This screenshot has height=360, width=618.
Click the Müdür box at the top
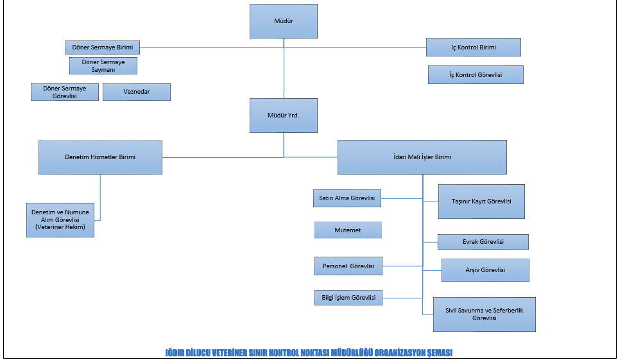coord(284,21)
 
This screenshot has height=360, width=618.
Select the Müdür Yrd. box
coord(284,116)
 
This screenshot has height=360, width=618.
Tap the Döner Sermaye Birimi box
coord(103,47)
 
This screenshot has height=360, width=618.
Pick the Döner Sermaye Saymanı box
coord(103,65)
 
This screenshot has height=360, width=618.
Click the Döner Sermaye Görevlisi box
coord(65,92)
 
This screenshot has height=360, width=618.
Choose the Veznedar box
coord(137,92)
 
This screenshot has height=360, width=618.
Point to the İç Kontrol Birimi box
coord(474,47)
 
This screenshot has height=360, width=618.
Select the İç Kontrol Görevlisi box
coord(476,75)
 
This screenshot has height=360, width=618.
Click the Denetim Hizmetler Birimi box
coord(100,157)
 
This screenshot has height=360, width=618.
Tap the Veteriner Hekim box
coord(60,220)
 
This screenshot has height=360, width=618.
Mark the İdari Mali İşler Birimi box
coord(422,157)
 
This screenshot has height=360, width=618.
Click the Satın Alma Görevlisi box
coord(347,198)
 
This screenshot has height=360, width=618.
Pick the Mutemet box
coord(347,230)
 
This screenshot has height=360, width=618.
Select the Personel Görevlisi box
coord(348,266)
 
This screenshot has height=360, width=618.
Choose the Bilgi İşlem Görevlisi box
coord(348,297)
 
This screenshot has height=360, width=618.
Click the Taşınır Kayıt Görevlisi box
coord(481,201)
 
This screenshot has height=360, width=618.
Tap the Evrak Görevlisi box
coord(483,242)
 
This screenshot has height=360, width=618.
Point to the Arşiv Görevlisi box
coord(485,270)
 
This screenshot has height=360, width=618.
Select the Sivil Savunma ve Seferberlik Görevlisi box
coord(485,314)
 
